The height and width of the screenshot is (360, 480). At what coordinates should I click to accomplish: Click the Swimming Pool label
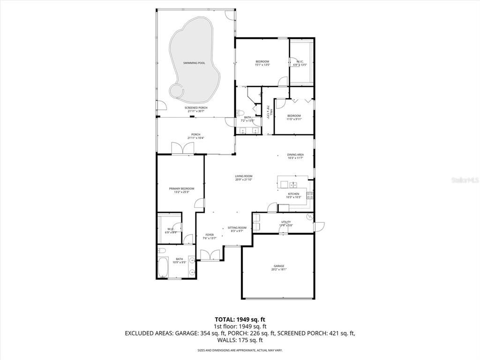coord(194,62)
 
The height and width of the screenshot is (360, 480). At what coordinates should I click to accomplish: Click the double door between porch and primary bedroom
coord(182,148)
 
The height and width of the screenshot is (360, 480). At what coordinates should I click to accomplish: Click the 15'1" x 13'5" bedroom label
coord(262,63)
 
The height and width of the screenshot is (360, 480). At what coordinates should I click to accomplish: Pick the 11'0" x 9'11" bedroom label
coord(294,117)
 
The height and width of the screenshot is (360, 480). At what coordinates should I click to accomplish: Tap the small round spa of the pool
coord(177,90)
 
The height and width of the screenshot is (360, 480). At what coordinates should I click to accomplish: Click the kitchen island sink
coord(292,184)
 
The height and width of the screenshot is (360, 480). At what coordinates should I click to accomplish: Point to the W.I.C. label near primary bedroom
coord(171,230)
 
